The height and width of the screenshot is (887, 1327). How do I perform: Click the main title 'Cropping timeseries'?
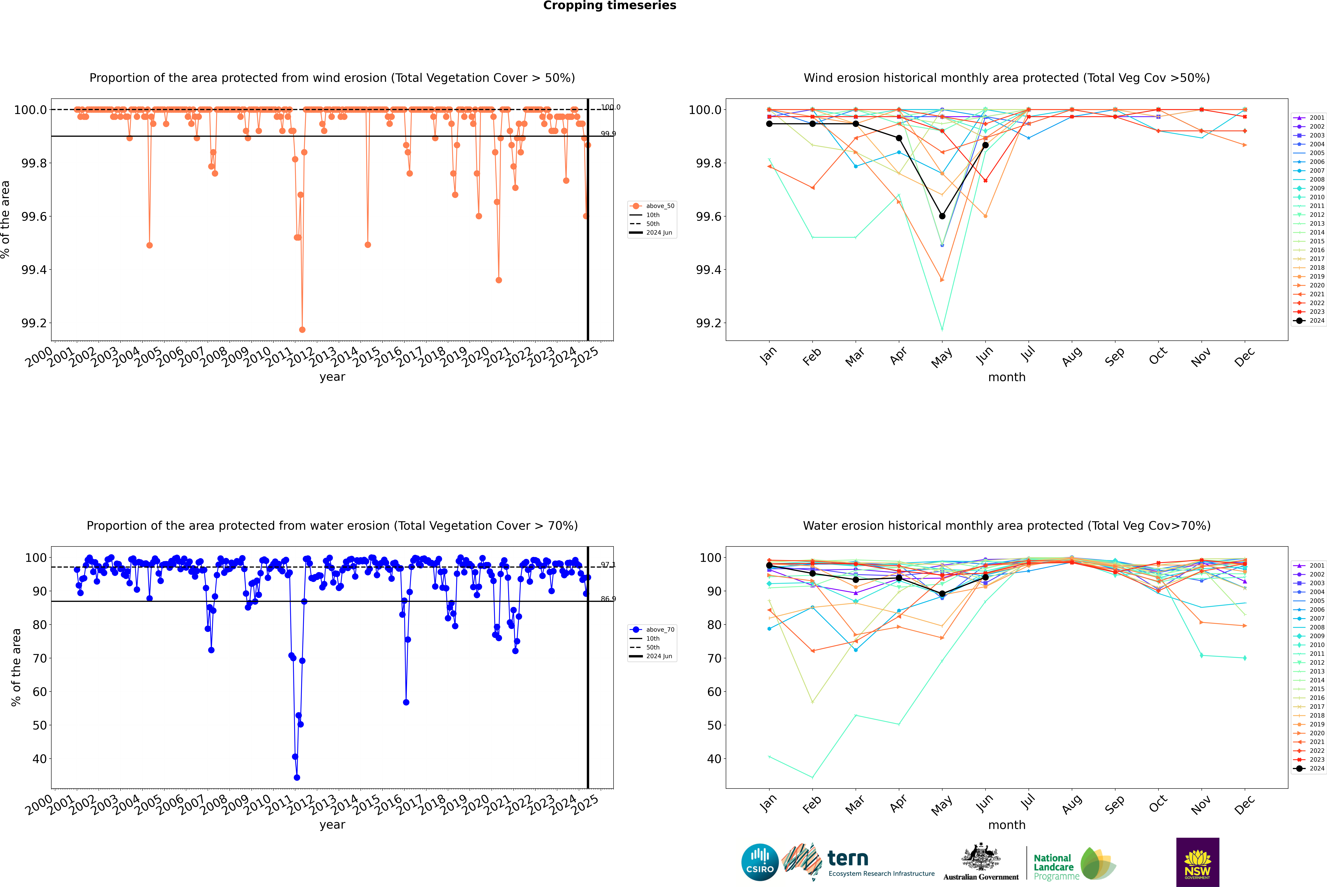pos(609,6)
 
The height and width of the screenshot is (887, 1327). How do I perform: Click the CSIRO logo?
pos(760,862)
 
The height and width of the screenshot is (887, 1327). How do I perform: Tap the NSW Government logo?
pos(1197,862)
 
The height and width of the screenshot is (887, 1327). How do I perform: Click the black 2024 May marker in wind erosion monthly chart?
pos(942,216)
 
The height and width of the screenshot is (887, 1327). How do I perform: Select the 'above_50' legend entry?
pos(659,206)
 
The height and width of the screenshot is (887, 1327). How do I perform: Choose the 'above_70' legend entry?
pos(659,630)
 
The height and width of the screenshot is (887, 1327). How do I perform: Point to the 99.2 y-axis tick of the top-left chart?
pos(34,323)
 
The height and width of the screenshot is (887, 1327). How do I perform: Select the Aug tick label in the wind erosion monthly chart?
pos(1071,356)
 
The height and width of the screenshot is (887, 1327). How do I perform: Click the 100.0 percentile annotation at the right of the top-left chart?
pos(610,107)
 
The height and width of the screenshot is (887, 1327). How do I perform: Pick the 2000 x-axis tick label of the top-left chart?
pos(38,358)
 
